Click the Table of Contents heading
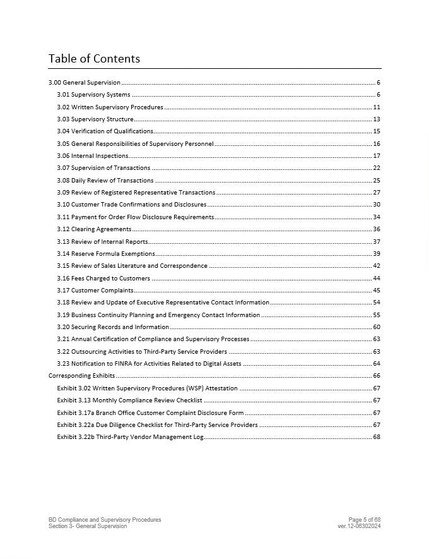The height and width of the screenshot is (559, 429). click(94, 59)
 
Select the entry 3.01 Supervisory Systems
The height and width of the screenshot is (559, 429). click(93, 95)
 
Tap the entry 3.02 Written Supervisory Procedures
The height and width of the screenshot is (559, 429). click(110, 107)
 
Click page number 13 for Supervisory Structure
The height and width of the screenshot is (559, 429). click(377, 119)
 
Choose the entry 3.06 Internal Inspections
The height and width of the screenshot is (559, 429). click(92, 156)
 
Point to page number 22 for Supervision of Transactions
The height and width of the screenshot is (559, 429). click(377, 168)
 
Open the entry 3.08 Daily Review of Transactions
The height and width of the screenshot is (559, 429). click(105, 181)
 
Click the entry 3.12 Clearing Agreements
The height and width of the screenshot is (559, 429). click(94, 229)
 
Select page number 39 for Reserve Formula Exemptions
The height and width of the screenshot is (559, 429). click(377, 254)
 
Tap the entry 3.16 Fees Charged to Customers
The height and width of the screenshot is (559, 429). click(103, 279)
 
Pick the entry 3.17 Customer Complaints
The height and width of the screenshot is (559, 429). click(95, 291)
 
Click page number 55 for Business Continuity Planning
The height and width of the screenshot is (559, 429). click(377, 315)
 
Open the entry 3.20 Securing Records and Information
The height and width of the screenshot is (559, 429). click(113, 327)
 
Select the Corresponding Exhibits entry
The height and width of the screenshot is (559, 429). click(81, 376)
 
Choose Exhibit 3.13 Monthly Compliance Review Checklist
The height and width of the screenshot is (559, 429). click(129, 400)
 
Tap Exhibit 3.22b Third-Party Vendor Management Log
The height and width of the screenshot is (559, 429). click(130, 437)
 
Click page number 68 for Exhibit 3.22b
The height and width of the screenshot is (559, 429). click(377, 437)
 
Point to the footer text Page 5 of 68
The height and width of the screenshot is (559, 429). click(364, 520)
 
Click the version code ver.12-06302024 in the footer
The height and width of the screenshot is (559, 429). click(359, 526)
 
